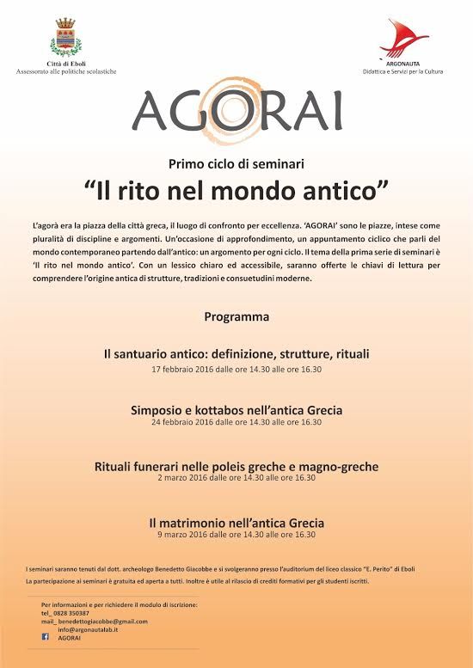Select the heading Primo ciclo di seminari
(x=236, y=163)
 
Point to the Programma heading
(x=236, y=316)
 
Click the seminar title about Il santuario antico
(x=236, y=354)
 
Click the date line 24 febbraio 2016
(x=236, y=423)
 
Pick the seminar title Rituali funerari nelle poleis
(x=236, y=467)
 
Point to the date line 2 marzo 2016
(x=236, y=479)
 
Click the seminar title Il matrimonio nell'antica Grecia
(x=236, y=522)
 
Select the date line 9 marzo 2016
(x=236, y=535)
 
